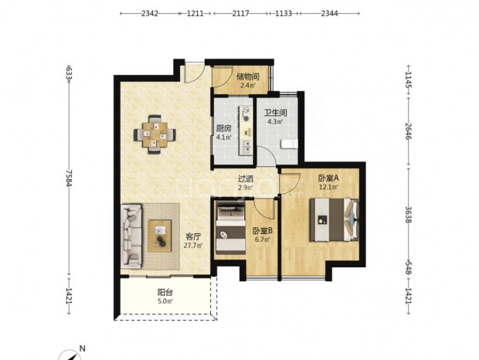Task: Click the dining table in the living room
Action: click(x=155, y=134)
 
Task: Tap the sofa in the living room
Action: click(x=132, y=236)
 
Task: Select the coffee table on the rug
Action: click(x=159, y=236)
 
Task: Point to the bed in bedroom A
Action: click(x=335, y=220)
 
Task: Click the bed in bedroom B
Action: click(x=231, y=229)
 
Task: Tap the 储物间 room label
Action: click(x=248, y=76)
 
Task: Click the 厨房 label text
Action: click(x=223, y=128)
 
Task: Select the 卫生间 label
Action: click(x=276, y=113)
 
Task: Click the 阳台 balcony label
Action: click(x=165, y=293)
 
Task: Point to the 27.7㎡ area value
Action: click(x=193, y=245)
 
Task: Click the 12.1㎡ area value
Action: click(x=328, y=187)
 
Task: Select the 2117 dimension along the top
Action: click(x=240, y=13)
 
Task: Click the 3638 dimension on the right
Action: click(x=408, y=214)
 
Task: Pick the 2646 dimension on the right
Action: click(x=408, y=131)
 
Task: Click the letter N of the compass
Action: click(x=82, y=348)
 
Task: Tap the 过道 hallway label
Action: click(x=246, y=178)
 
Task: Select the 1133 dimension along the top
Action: click(x=284, y=13)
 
